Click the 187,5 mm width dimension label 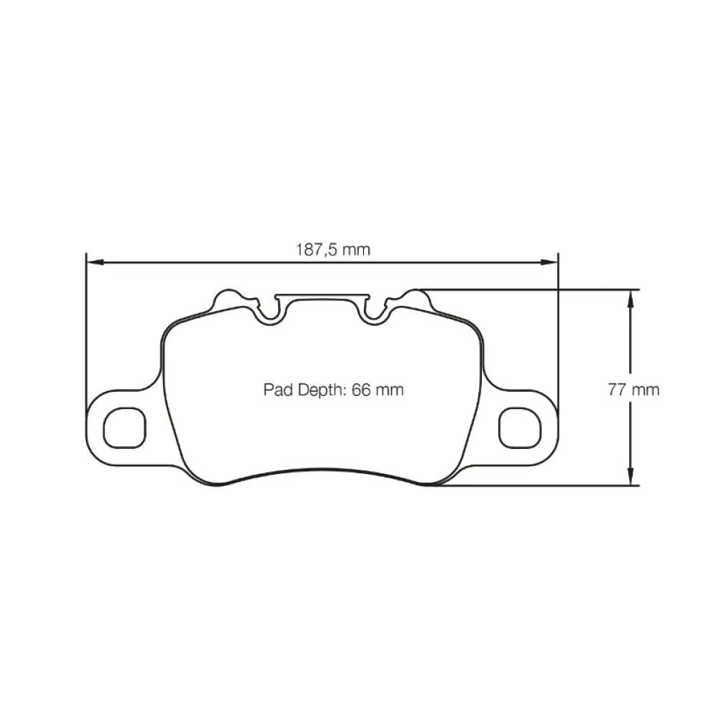pyautogui.click(x=332, y=250)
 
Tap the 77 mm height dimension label pyautogui.click(x=633, y=390)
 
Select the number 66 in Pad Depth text pyautogui.click(x=363, y=390)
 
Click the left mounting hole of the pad pyautogui.click(x=124, y=428)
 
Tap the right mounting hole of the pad pyautogui.click(x=519, y=428)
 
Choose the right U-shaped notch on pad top pyautogui.click(x=374, y=313)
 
